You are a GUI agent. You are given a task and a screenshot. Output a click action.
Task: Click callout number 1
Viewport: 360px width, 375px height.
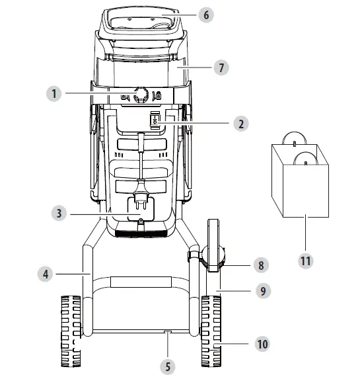coord(54,95)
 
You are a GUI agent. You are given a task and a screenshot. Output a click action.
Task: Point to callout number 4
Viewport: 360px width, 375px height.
coord(45,272)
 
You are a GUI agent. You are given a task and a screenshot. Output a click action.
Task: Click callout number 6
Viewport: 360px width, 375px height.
coord(207,15)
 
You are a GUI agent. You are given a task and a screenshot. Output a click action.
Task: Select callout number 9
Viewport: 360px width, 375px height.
coord(264,290)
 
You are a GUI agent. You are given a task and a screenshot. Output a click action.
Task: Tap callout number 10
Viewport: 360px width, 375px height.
coord(263,344)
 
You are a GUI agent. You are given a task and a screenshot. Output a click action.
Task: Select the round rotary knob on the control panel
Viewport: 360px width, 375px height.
coord(139,95)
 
